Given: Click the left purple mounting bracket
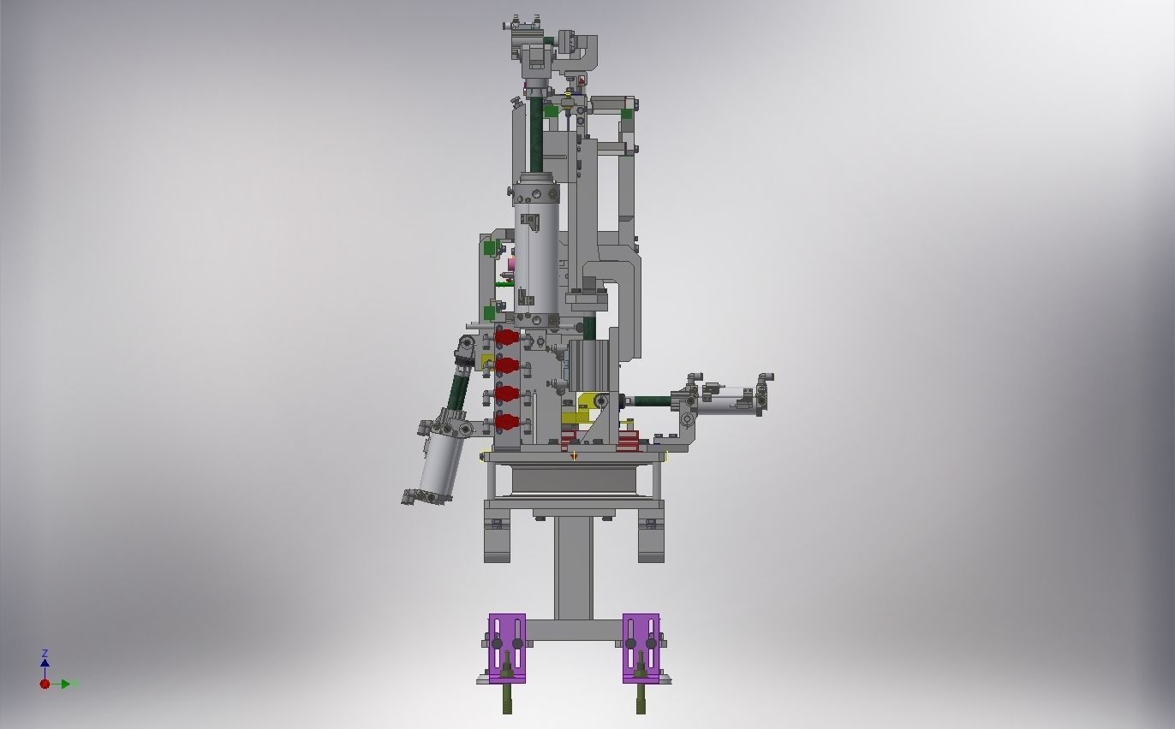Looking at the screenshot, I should (507, 647).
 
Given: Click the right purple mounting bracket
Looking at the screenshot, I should (641, 647).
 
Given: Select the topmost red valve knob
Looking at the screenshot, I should (506, 337).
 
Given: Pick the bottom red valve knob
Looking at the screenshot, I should (506, 421).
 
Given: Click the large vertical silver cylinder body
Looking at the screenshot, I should (537, 248).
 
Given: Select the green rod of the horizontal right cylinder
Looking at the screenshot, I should (651, 400).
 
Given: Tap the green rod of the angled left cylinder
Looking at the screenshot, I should (459, 389).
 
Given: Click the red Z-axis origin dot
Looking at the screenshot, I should (45, 684).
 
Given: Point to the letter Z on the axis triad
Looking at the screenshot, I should (45, 654).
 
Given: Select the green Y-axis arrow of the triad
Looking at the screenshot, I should (69, 684).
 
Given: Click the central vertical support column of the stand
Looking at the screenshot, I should (573, 565).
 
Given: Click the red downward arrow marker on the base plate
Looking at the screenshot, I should (574, 456).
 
